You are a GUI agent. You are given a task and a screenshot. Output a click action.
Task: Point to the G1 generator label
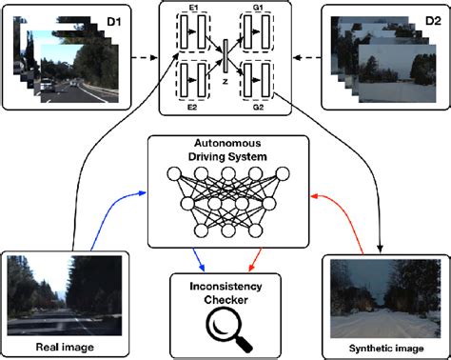tap(258, 10)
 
